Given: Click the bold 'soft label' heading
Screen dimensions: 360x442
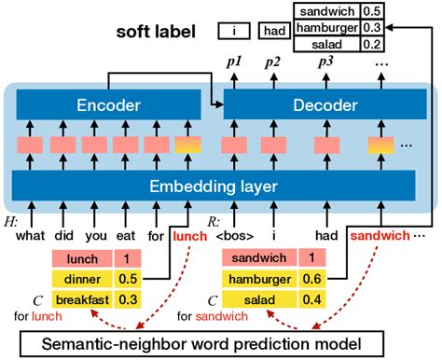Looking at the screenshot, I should pyautogui.click(x=156, y=32).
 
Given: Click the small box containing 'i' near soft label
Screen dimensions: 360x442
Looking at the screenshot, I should pyautogui.click(x=235, y=32).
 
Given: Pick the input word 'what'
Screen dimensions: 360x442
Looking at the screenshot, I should pyautogui.click(x=32, y=236).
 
